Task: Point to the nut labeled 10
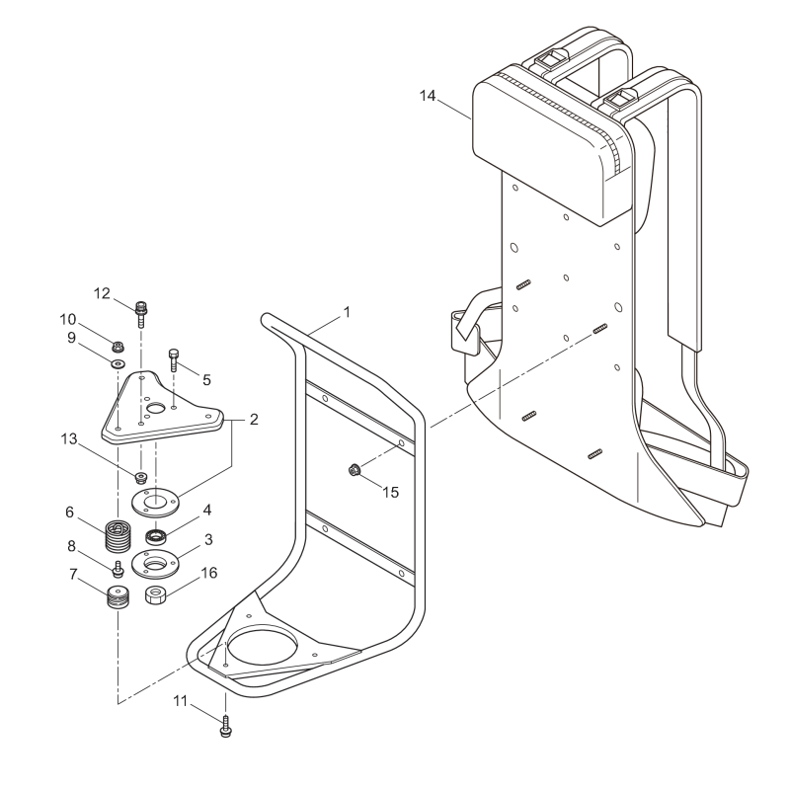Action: [118, 347]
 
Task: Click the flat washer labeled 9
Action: [118, 364]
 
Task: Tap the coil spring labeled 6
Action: [118, 537]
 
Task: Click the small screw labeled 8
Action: [118, 569]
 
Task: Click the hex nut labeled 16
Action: [154, 595]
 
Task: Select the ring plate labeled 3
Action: [156, 563]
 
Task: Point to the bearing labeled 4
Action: [155, 536]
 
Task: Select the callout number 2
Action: [254, 420]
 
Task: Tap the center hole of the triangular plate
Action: [154, 408]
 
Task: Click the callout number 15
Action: [392, 491]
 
